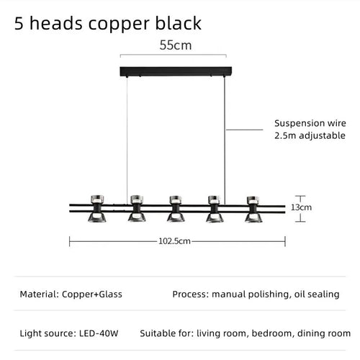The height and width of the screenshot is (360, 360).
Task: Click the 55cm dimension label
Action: click(176, 45)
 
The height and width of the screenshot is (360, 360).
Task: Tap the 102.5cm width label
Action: click(174, 241)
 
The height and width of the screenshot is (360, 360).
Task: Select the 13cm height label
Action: click(301, 207)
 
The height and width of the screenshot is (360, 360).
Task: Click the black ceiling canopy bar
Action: click(176, 71)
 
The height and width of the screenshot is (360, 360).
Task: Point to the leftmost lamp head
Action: click(97, 208)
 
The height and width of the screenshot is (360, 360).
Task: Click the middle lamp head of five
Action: click(176, 209)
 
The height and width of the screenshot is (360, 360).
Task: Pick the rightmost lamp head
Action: click(253, 210)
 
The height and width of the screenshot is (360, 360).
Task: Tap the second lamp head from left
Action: click(137, 208)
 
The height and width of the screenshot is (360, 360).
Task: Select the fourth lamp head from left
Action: click(215, 209)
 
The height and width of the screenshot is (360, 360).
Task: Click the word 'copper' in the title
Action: click(119, 24)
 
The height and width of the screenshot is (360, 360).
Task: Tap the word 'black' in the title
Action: click(179, 23)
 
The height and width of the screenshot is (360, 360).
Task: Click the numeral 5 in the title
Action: click(19, 23)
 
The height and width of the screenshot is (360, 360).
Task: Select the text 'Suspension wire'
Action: click(310, 123)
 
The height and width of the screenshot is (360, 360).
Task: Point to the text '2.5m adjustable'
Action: click(310, 135)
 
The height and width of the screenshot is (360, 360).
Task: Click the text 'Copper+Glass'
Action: click(92, 294)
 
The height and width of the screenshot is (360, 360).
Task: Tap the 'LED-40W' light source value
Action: click(99, 333)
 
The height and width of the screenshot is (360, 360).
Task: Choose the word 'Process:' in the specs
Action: click(191, 294)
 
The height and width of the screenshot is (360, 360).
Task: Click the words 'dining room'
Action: click(324, 333)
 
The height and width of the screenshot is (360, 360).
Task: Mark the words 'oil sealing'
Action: click(317, 294)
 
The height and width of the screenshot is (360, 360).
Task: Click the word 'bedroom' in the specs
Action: click(273, 333)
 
